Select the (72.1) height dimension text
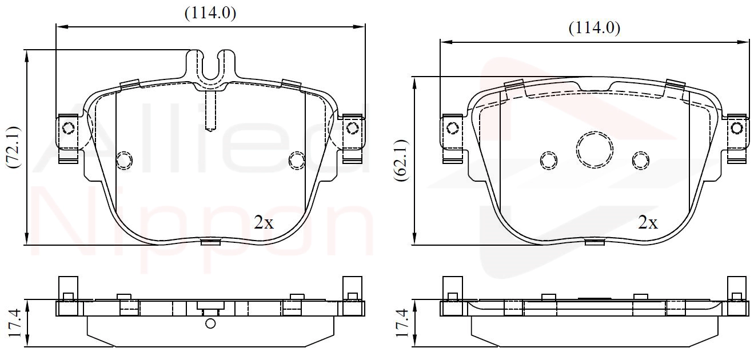tap(14, 147)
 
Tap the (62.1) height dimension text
tap(401, 160)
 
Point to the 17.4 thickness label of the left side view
tap(14, 323)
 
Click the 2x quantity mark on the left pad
tap(264, 222)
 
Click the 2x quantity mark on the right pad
tap(648, 222)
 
